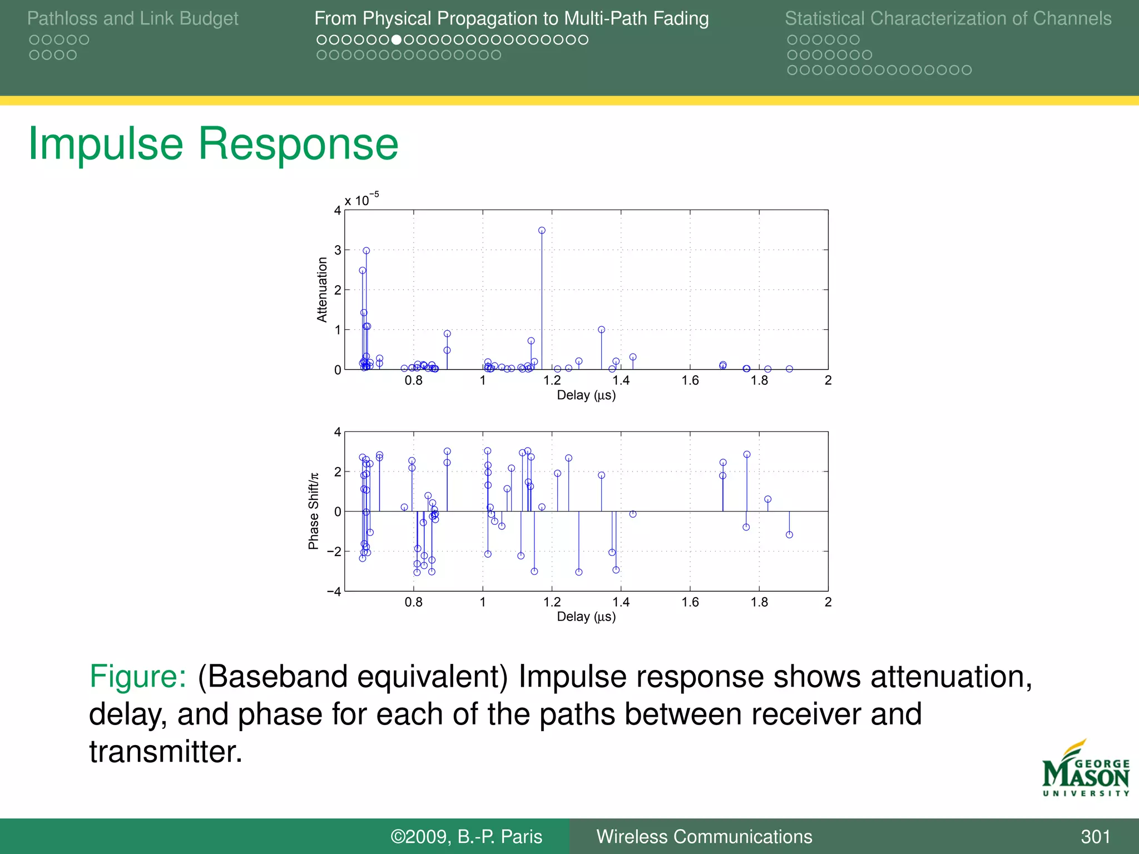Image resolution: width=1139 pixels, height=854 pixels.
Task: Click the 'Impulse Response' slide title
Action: tap(213, 144)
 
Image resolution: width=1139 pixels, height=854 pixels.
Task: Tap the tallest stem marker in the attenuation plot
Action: tap(542, 230)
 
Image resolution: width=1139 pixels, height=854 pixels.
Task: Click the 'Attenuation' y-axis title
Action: tap(322, 290)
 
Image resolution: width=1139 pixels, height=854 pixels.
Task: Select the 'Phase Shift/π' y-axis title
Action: tap(314, 511)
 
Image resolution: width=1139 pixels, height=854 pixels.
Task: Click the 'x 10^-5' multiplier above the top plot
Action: tap(361, 200)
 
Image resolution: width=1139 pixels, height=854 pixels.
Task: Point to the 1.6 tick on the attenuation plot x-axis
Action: tap(690, 381)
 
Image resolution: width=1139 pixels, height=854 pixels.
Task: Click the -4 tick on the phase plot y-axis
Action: tap(334, 592)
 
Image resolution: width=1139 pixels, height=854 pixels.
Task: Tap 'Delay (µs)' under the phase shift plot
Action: tap(586, 617)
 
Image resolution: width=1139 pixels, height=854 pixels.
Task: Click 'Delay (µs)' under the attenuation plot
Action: tap(586, 395)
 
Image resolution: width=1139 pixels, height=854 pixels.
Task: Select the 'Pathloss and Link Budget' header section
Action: tap(132, 18)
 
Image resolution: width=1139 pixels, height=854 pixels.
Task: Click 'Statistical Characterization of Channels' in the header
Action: tap(948, 18)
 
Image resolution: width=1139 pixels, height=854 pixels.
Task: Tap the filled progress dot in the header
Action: tap(397, 39)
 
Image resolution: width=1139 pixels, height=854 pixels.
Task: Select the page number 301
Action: tap(1095, 837)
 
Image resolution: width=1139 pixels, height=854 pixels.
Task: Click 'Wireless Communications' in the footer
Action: tap(704, 837)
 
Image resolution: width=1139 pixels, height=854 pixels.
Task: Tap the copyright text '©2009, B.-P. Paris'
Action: tap(466, 837)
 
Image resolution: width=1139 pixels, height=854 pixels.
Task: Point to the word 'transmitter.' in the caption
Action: tap(166, 752)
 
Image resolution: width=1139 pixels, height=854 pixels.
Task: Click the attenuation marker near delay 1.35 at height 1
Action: tap(601, 330)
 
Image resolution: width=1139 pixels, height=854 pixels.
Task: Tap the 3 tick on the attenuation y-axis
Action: tap(338, 250)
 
